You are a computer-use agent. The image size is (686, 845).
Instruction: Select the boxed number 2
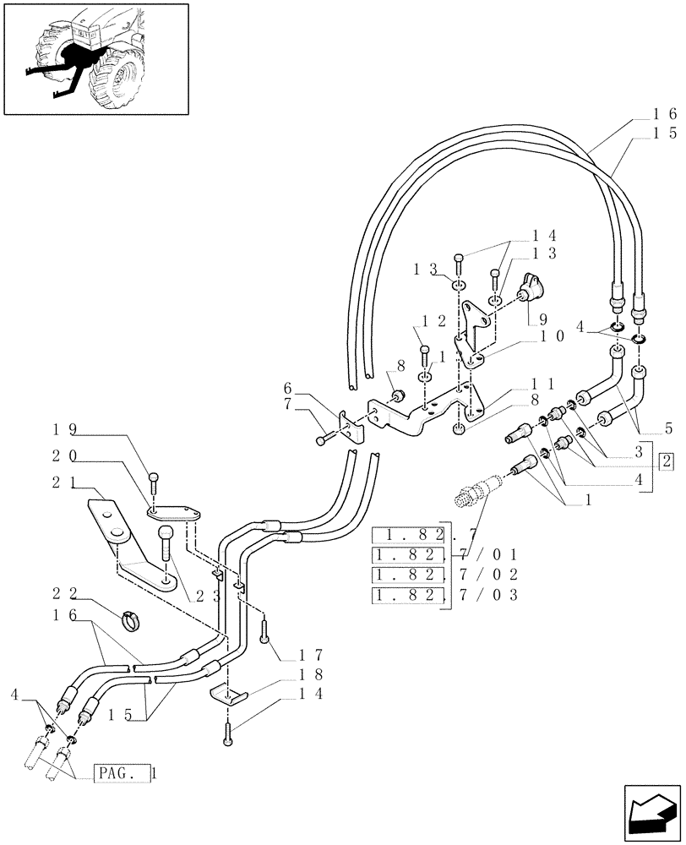click(667, 461)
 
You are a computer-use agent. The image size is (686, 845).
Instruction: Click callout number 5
click(667, 427)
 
